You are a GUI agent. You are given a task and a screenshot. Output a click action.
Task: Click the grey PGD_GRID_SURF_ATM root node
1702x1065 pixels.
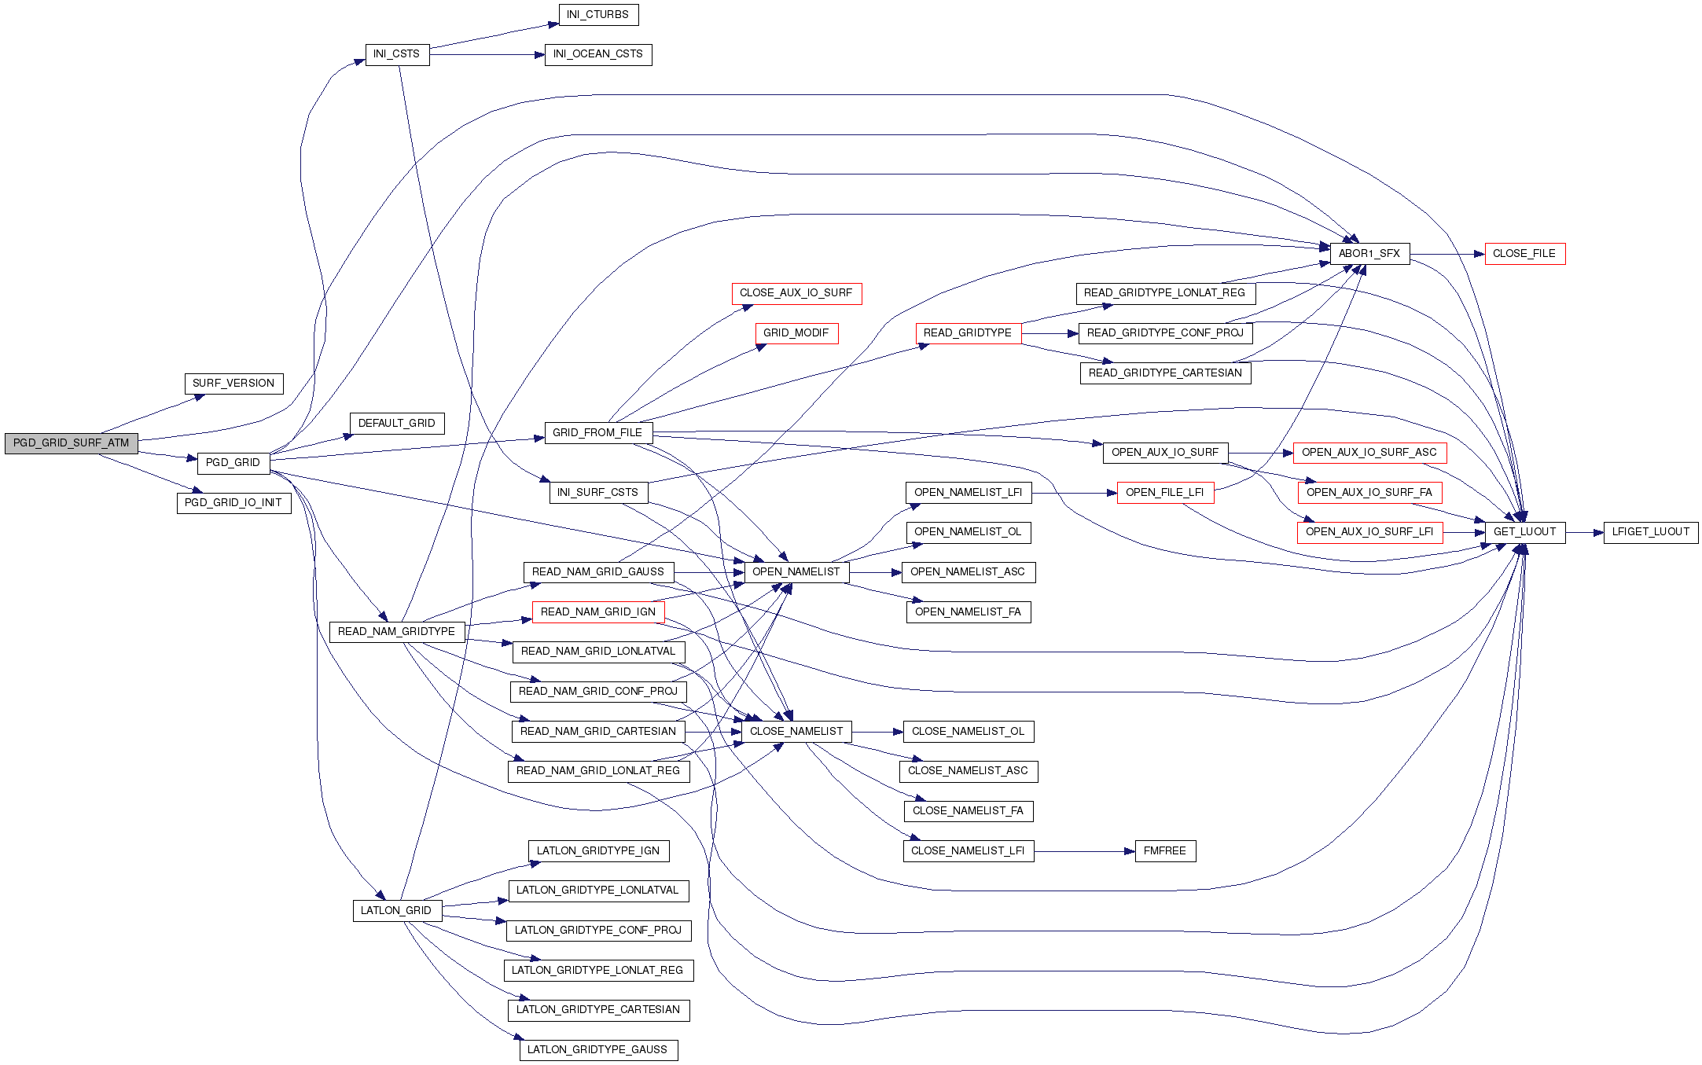coord(71,443)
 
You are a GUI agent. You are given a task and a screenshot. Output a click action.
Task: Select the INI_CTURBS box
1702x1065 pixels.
coord(597,15)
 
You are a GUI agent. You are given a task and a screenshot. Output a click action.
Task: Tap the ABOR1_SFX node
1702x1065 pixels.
coord(1369,254)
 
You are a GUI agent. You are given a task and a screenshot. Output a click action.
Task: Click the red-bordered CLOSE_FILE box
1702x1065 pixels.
coord(1524,254)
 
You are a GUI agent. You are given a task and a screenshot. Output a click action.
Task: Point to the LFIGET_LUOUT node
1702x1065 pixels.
coord(1650,532)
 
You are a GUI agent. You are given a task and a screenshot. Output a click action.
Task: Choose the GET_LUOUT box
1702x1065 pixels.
coord(1524,532)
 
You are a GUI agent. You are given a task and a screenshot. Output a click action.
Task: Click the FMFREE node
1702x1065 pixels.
coord(1164,851)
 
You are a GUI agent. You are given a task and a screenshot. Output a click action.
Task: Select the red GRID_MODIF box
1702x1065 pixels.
coord(796,333)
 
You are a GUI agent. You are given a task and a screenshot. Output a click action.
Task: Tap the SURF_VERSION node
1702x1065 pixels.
coord(233,384)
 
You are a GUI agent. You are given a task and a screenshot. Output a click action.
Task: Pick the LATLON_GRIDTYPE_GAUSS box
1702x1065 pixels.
coord(597,1050)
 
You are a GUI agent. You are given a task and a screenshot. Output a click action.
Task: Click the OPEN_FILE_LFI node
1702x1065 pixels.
coord(1164,493)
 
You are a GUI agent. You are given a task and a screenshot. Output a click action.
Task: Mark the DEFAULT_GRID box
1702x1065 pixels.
coord(396,424)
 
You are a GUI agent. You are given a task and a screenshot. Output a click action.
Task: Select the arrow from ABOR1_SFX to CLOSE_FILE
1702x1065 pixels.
coord(1447,254)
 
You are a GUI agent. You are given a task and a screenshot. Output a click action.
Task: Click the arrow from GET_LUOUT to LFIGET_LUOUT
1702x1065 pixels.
coord(1583,532)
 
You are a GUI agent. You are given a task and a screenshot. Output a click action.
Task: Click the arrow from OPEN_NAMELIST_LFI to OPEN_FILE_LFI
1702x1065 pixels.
coord(1073,493)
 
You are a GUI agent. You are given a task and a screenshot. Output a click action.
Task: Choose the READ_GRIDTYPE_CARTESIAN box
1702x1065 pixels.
coord(1165,373)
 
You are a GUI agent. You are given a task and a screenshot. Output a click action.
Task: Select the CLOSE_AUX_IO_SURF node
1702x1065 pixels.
coord(796,293)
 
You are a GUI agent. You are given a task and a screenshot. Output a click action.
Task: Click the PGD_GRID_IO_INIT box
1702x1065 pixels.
coord(233,503)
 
